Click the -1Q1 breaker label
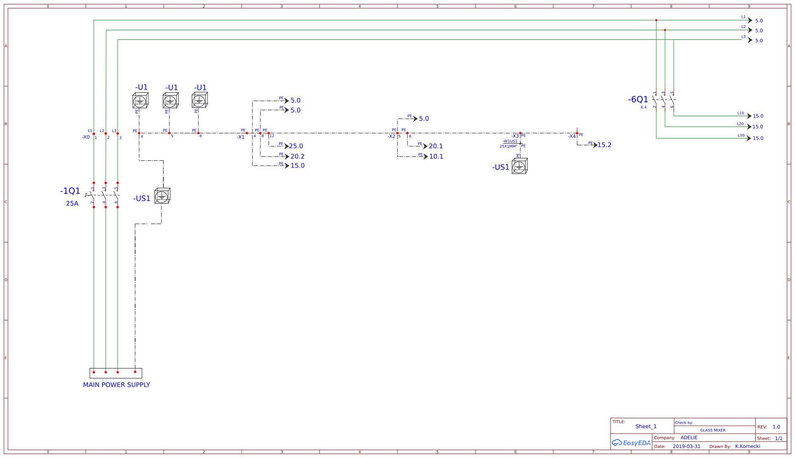[x=70, y=191]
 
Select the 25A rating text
[x=72, y=203]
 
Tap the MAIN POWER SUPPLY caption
[x=116, y=385]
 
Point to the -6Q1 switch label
[x=638, y=99]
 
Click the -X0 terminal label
[x=86, y=137]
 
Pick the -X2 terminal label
[x=392, y=136]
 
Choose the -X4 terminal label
[x=572, y=136]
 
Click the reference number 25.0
[x=296, y=146]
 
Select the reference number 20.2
[x=297, y=156]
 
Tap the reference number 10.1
[x=436, y=156]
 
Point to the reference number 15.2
[x=604, y=145]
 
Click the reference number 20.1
[x=436, y=146]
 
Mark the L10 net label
[x=741, y=113]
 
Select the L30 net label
[x=741, y=136]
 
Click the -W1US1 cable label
[x=510, y=141]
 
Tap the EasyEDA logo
[x=631, y=443]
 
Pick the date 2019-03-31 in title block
[x=686, y=446]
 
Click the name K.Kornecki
[x=747, y=446]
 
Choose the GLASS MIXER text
[x=713, y=430]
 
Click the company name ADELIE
[x=689, y=438]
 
